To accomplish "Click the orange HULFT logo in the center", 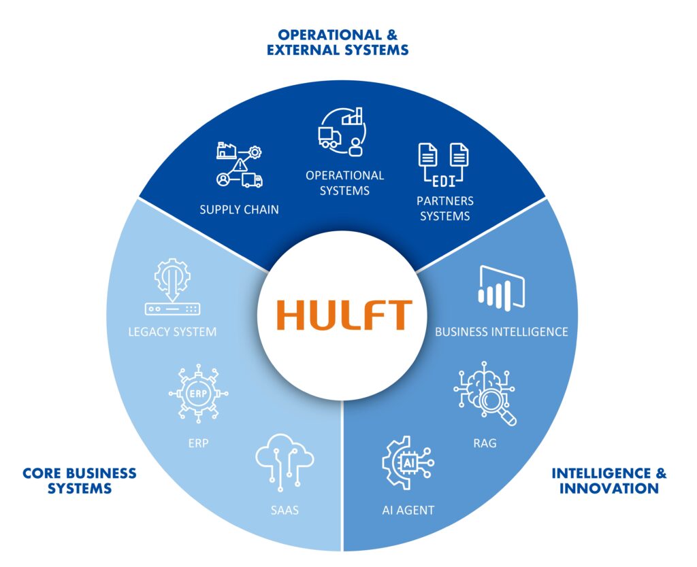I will point(344,315).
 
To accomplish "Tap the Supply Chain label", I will point(239,209).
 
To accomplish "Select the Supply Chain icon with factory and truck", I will point(239,165).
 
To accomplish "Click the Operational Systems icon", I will point(342,128).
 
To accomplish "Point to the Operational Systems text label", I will point(344,183).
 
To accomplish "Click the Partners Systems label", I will point(445,209).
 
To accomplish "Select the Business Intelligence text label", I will point(501,332).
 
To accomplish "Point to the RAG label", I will point(485,443).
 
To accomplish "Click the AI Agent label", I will point(408,510).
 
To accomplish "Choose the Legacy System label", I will point(172,332).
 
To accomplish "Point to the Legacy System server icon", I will point(172,288).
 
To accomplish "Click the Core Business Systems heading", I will point(80,480).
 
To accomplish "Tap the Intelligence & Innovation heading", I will point(609,480).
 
